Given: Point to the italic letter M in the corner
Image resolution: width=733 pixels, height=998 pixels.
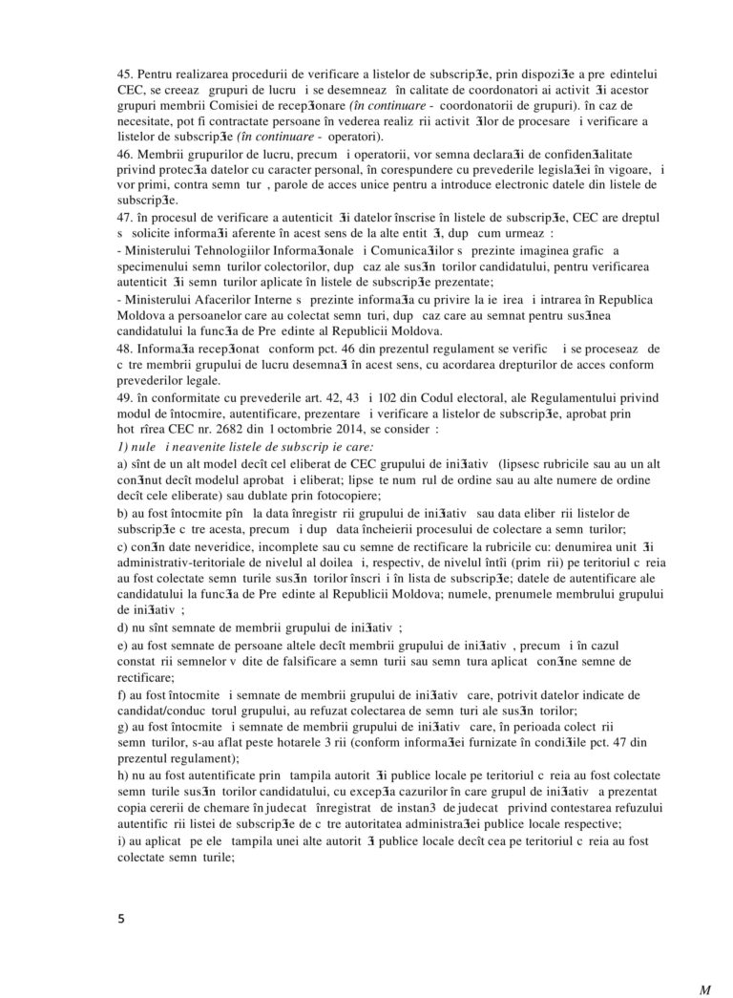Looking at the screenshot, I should point(705,989).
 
